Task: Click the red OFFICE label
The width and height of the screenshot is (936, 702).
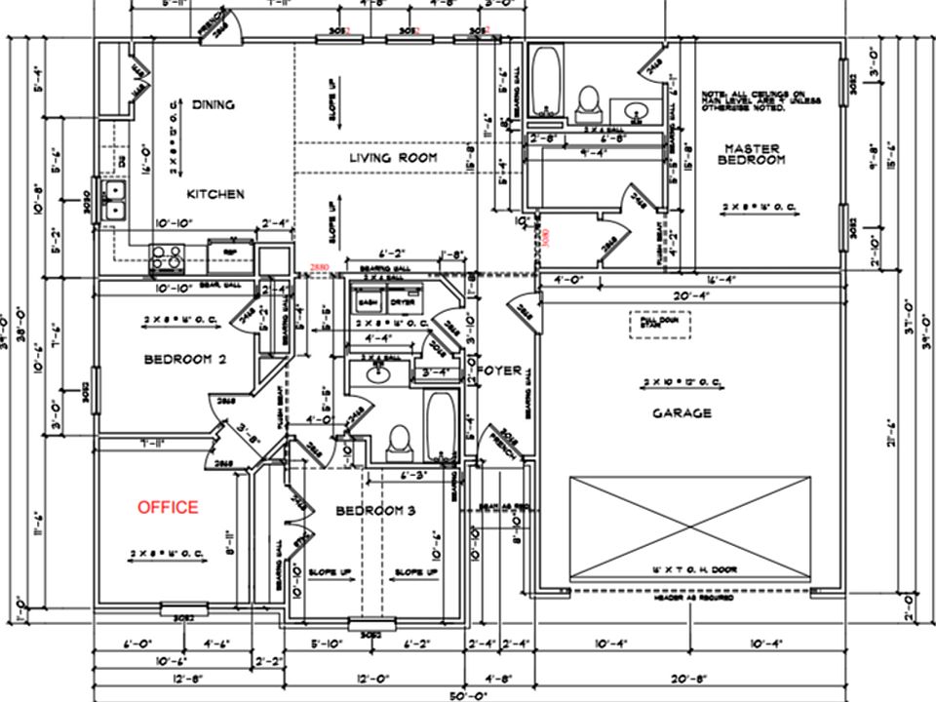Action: (x=168, y=507)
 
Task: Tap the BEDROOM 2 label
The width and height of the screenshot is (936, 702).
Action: (x=185, y=360)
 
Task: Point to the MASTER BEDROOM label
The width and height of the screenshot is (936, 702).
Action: (x=752, y=154)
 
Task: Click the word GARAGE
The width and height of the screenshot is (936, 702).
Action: (x=682, y=413)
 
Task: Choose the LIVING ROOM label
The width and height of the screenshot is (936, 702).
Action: (x=393, y=157)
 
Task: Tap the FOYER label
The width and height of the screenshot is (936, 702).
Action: (x=500, y=371)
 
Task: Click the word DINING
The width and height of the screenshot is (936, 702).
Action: (x=214, y=104)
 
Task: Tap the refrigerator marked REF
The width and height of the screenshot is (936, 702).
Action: (x=229, y=255)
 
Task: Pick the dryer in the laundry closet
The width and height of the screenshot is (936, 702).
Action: (x=402, y=303)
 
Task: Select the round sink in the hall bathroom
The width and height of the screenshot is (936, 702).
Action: (x=374, y=371)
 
